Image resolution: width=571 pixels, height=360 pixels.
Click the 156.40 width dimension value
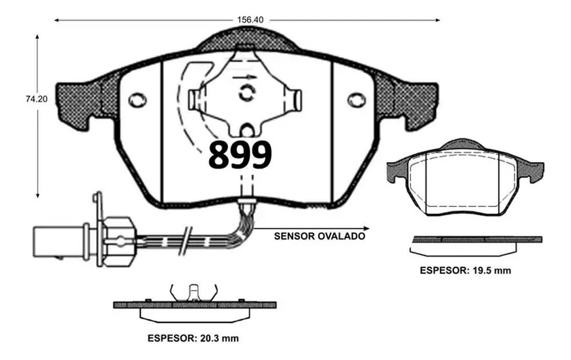(250, 19)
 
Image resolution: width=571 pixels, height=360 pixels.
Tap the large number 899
(239, 154)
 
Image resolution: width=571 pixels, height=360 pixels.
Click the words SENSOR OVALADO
(319, 235)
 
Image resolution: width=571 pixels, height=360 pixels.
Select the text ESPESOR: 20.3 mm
(192, 338)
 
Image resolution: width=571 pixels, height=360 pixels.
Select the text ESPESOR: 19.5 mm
(465, 270)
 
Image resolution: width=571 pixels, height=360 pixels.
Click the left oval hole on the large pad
(137, 101)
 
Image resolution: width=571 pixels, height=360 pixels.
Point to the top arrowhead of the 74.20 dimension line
(38, 37)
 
